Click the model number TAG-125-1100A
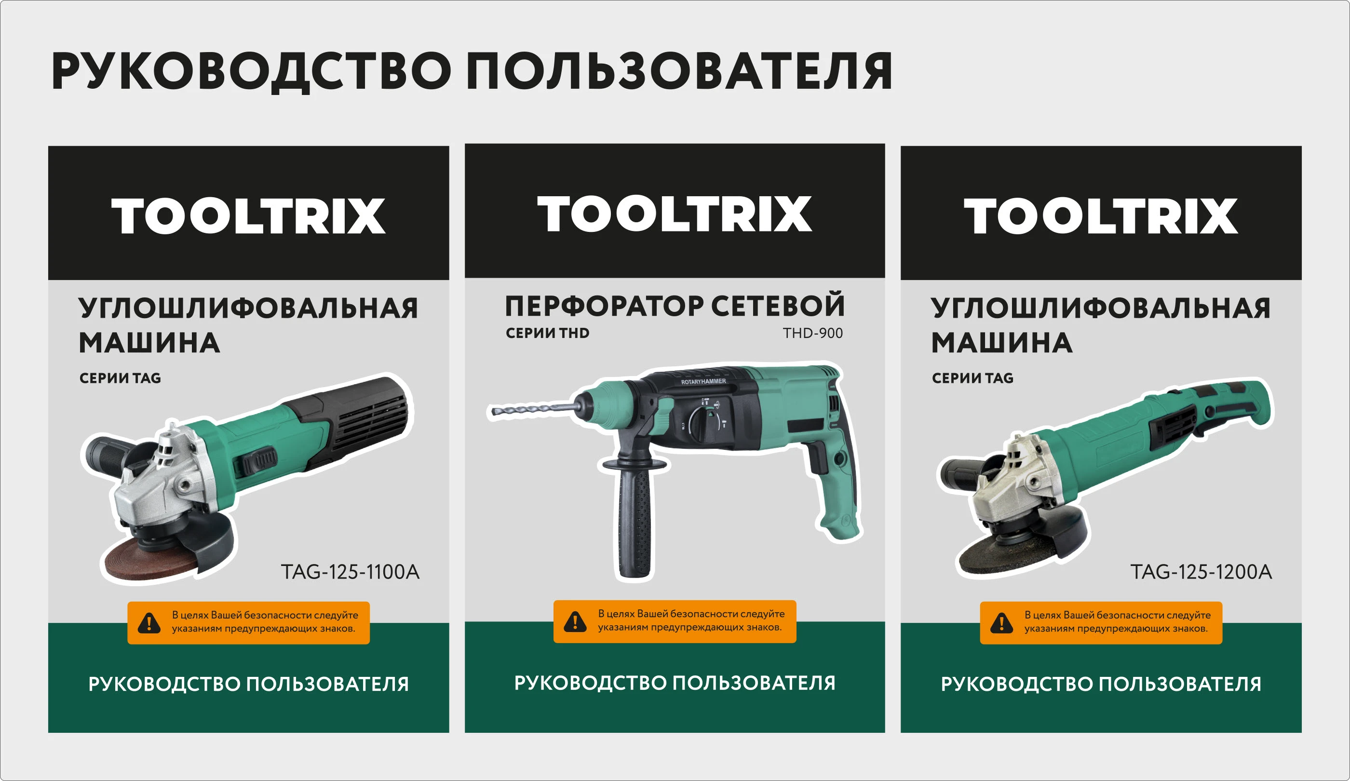[350, 572]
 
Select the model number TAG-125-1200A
[1201, 572]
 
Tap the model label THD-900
[812, 333]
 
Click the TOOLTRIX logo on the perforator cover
[675, 214]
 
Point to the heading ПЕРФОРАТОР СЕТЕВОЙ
[675, 306]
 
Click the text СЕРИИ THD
[548, 333]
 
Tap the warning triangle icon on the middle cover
[575, 621]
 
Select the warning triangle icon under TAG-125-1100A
[149, 623]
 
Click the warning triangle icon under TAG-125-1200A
[1001, 623]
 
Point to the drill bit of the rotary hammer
[530, 410]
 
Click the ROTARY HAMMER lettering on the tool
[703, 382]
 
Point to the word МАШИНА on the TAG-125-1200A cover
[1002, 343]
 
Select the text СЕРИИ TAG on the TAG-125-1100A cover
[120, 378]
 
